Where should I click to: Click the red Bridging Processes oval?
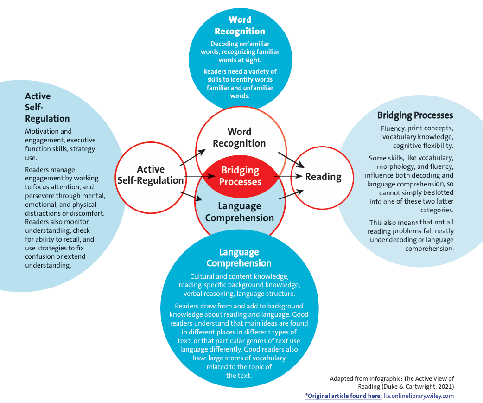click(x=240, y=176)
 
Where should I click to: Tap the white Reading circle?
click(x=323, y=177)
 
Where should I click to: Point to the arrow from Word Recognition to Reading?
click(x=291, y=160)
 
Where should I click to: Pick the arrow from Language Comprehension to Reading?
click(x=291, y=194)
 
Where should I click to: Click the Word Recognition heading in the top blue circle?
click(x=240, y=26)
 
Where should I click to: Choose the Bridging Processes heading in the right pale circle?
click(x=415, y=115)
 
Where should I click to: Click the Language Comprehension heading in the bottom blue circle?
click(x=239, y=258)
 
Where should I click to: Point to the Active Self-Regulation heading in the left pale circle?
click(x=47, y=107)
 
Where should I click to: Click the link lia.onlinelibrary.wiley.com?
click(x=419, y=396)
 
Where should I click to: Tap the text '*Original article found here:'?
click(x=343, y=396)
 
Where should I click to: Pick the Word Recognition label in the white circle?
click(x=239, y=138)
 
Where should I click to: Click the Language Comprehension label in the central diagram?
click(x=239, y=212)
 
